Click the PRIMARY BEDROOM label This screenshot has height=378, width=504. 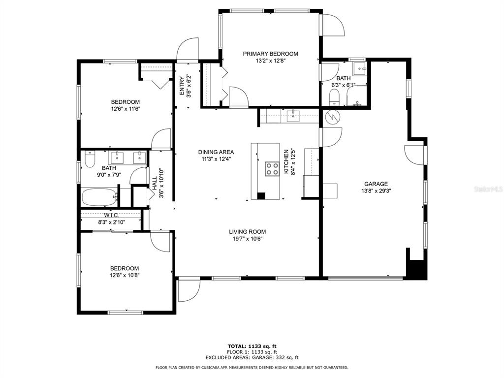pyautogui.click(x=270, y=54)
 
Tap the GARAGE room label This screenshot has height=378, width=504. pyautogui.click(x=376, y=184)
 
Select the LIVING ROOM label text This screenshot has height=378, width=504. pyautogui.click(x=247, y=231)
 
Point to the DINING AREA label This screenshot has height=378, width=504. pyautogui.click(x=216, y=152)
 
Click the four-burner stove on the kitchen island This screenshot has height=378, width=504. pyautogui.click(x=272, y=169)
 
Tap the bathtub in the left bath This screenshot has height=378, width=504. pyautogui.click(x=99, y=197)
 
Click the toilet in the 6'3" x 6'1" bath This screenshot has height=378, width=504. pyautogui.click(x=334, y=97)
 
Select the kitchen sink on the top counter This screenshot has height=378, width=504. pyautogui.click(x=293, y=116)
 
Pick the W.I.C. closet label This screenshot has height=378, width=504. pyautogui.click(x=111, y=215)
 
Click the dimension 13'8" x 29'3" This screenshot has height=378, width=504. pyautogui.click(x=376, y=190)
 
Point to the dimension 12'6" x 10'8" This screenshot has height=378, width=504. pyautogui.click(x=125, y=275)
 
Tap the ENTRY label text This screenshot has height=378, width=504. pyautogui.click(x=182, y=86)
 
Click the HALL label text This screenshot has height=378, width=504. pyautogui.click(x=155, y=183)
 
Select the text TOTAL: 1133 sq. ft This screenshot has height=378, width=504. pyautogui.click(x=252, y=346)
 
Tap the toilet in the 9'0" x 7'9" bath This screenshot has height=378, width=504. pyautogui.click(x=90, y=159)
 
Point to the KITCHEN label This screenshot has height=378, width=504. pyautogui.click(x=286, y=161)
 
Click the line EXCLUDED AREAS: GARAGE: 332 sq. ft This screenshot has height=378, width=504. pyautogui.click(x=252, y=357)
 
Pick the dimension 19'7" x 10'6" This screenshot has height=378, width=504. pyautogui.click(x=248, y=239)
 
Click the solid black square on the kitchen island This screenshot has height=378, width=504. pyautogui.click(x=261, y=196)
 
